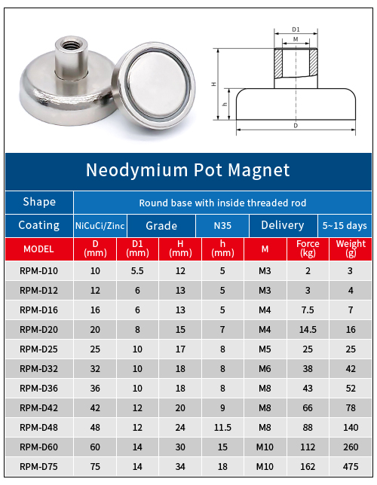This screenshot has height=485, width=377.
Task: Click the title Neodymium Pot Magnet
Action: [x=188, y=170]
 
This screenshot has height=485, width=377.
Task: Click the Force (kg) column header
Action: [x=308, y=249]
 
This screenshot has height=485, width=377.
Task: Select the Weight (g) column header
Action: [x=350, y=249]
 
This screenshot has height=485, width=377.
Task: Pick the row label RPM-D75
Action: [x=38, y=467]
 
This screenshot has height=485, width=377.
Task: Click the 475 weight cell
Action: [x=350, y=467]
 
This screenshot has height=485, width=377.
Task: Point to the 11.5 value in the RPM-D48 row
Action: [x=222, y=427]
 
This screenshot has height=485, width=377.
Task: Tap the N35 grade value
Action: [x=222, y=225]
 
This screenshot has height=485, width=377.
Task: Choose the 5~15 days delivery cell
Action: [x=345, y=225]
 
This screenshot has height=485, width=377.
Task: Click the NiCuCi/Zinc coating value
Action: [x=100, y=225]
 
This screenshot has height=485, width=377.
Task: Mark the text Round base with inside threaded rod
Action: [x=222, y=203]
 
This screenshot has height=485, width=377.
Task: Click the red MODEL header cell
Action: [x=38, y=249]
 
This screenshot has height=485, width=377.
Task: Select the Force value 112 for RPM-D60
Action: [x=308, y=447]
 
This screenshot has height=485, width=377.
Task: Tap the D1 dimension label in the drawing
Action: [x=296, y=29]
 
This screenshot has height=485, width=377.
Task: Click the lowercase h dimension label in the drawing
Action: [x=225, y=104]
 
